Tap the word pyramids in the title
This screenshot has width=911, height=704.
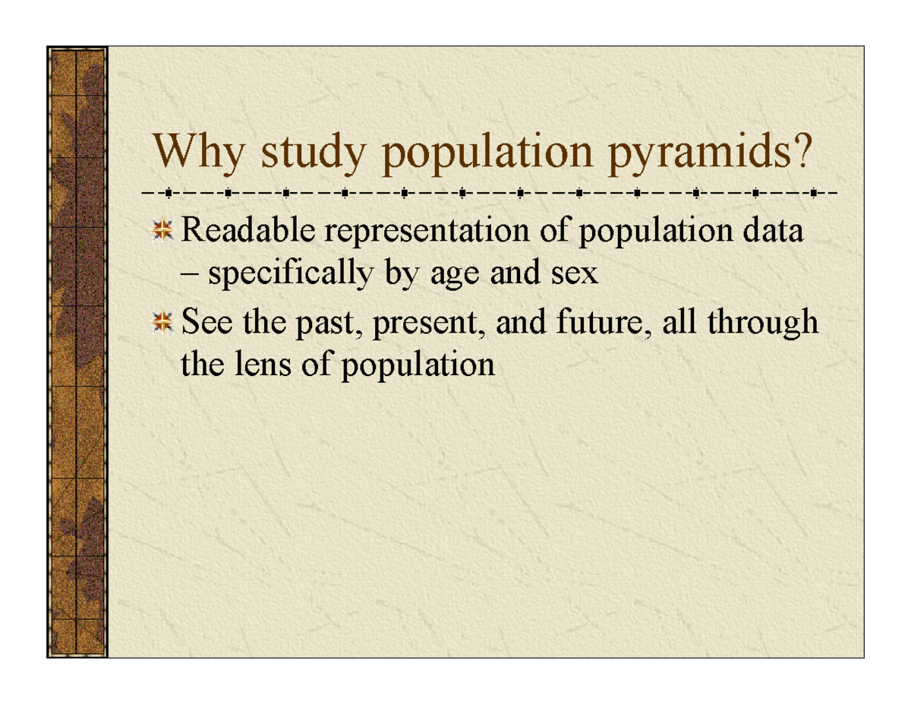pyautogui.click(x=700, y=153)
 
